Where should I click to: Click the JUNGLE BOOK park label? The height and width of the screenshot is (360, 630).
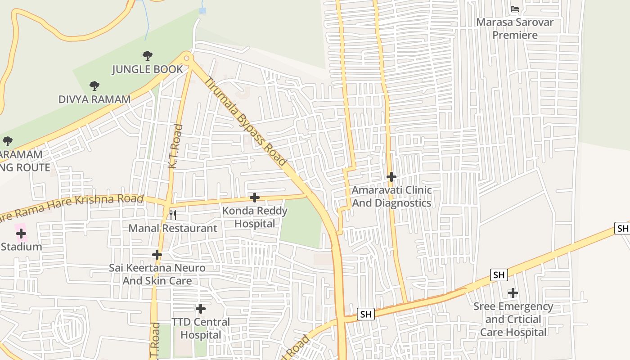pyautogui.click(x=147, y=69)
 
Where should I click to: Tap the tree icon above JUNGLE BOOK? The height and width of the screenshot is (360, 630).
pyautogui.click(x=147, y=56)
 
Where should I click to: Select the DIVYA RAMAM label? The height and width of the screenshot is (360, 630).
pyautogui.click(x=94, y=99)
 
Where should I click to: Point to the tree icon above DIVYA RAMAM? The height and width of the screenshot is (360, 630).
pyautogui.click(x=94, y=85)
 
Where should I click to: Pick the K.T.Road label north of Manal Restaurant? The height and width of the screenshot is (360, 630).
pyautogui.click(x=175, y=147)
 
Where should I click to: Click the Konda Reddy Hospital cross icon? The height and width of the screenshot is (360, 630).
pyautogui.click(x=255, y=198)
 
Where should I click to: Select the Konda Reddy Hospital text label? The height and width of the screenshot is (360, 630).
pyautogui.click(x=255, y=217)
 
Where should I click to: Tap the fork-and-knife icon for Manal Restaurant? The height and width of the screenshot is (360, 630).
pyautogui.click(x=173, y=215)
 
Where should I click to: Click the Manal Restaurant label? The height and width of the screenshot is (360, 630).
pyautogui.click(x=173, y=228)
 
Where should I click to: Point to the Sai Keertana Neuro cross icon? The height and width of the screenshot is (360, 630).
pyautogui.click(x=157, y=255)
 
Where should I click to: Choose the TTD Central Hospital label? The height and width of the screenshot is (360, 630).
pyautogui.click(x=201, y=328)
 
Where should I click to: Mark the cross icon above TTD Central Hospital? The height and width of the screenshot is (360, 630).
pyautogui.click(x=201, y=309)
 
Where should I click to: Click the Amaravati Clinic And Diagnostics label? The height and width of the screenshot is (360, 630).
pyautogui.click(x=391, y=197)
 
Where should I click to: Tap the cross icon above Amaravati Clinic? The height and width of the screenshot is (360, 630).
pyautogui.click(x=391, y=177)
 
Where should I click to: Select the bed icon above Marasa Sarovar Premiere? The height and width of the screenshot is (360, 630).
pyautogui.click(x=515, y=9)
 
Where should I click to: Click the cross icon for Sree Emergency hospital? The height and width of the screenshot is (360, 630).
pyautogui.click(x=513, y=293)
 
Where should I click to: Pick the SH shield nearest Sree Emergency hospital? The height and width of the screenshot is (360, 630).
pyautogui.click(x=499, y=275)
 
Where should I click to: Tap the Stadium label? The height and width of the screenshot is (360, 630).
pyautogui.click(x=21, y=247)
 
